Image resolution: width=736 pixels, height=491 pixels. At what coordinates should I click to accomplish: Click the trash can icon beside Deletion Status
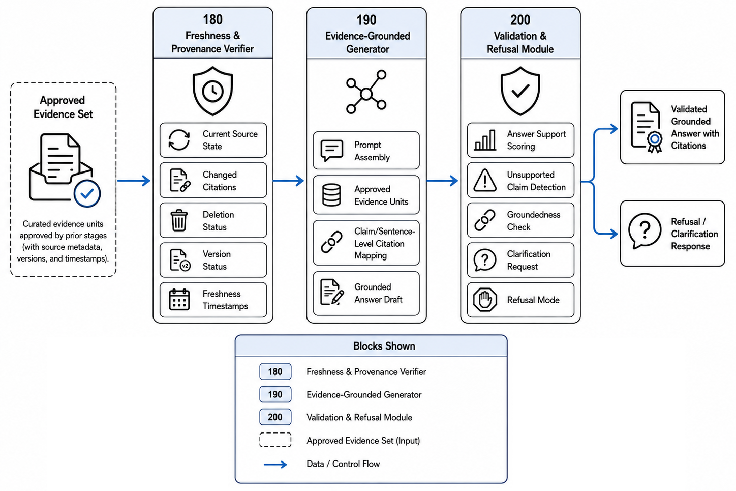179,220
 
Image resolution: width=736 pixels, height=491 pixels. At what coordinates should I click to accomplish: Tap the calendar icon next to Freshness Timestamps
179,300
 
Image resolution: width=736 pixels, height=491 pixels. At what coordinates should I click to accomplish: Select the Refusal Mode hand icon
485,300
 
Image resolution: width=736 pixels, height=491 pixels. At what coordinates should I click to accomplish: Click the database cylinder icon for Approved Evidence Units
331,195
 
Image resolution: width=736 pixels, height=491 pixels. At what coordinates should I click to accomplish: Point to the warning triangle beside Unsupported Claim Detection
485,180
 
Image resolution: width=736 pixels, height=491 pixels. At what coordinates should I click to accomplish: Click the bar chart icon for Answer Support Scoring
485,140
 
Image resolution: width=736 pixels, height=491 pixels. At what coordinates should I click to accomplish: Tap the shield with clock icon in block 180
212,91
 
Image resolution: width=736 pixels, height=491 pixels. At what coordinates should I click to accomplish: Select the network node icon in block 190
366,92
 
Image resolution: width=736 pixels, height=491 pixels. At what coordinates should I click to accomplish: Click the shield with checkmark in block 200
520,91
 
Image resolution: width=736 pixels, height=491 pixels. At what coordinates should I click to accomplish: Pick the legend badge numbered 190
275,394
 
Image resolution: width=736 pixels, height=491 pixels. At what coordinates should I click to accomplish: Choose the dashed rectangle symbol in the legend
275,440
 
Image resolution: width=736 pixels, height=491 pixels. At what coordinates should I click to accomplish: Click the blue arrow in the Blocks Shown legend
275,465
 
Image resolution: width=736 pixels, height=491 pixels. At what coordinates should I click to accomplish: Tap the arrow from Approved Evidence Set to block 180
134,181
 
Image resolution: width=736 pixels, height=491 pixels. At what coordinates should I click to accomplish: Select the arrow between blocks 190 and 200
442,181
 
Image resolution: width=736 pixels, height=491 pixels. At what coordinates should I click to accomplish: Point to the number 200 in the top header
520,20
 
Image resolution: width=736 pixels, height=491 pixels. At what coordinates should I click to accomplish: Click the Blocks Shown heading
384,346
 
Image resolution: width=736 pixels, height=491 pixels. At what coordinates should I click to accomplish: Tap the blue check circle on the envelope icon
87,194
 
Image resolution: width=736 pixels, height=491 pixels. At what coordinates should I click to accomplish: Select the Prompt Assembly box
366,151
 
